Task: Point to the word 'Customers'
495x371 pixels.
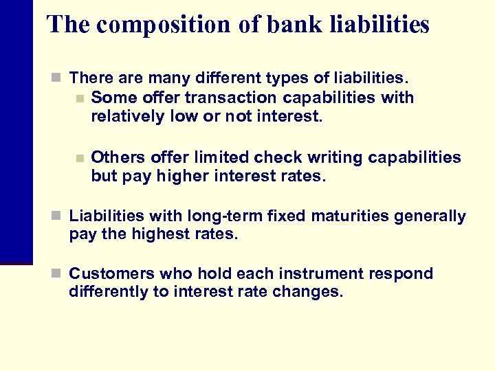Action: coord(107,273)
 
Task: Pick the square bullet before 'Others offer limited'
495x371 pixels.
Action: coord(80,158)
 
